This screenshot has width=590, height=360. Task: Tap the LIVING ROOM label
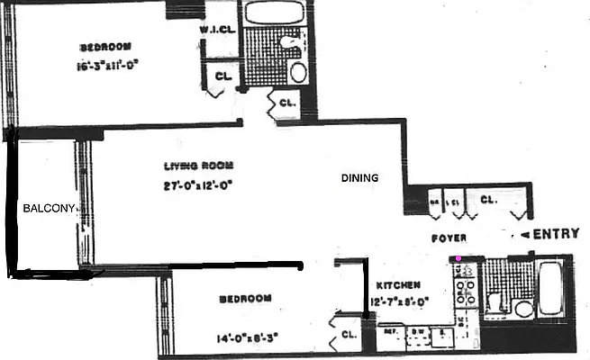pyautogui.click(x=199, y=166)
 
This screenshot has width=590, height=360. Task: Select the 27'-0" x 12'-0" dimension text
pyautogui.click(x=199, y=187)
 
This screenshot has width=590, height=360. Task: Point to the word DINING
pyautogui.click(x=359, y=178)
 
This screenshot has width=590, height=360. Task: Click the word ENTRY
pyautogui.click(x=556, y=235)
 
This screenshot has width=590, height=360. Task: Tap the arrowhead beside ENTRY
pyautogui.click(x=521, y=235)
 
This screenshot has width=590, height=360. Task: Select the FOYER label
pyautogui.click(x=447, y=239)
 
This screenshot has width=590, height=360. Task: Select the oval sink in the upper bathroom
pyautogui.click(x=298, y=73)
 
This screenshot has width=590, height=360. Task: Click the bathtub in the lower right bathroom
pyautogui.click(x=550, y=287)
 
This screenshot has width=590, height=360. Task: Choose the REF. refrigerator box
pyautogui.click(x=392, y=333)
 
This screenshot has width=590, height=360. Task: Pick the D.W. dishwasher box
pyautogui.click(x=418, y=333)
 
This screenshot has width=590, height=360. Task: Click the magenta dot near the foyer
pyautogui.click(x=459, y=259)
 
